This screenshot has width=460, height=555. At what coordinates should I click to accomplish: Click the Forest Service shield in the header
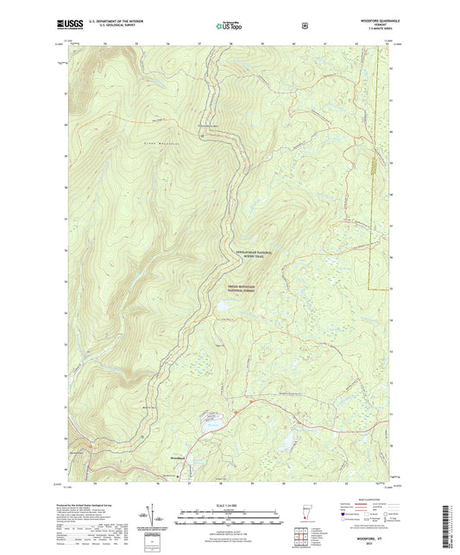(x=304, y=25)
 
